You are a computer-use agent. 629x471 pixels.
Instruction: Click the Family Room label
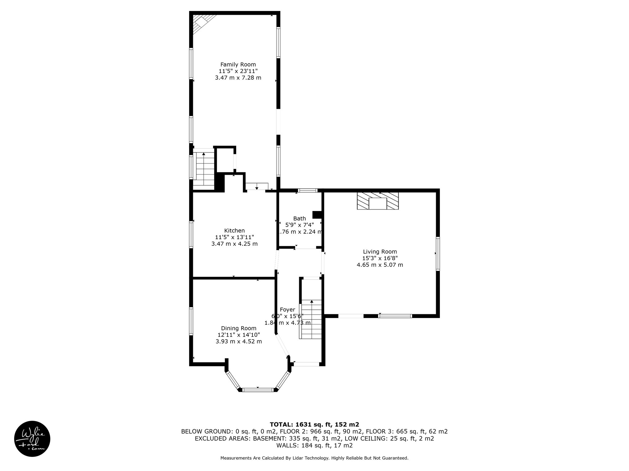click(x=238, y=64)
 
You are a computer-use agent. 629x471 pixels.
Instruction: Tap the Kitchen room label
click(x=234, y=231)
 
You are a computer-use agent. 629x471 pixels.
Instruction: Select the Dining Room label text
click(x=239, y=328)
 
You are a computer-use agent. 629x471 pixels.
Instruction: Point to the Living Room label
click(x=380, y=252)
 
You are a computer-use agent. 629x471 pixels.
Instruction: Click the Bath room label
click(x=299, y=218)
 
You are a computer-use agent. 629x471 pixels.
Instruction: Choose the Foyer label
click(x=287, y=310)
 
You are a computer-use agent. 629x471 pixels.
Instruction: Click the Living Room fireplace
click(x=378, y=201)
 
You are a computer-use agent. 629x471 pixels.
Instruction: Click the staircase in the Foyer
click(x=311, y=319)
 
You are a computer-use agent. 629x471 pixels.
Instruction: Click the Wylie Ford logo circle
click(x=32, y=438)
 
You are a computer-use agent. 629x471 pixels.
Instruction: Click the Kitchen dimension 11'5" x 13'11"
click(x=234, y=237)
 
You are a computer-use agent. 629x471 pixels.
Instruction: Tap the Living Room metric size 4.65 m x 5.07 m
click(x=380, y=265)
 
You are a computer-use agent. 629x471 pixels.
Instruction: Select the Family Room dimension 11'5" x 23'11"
click(x=238, y=71)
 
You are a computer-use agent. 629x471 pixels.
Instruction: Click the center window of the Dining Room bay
click(x=258, y=390)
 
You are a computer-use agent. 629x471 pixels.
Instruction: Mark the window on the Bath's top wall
click(x=308, y=190)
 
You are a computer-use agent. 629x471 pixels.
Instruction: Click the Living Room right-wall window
click(x=438, y=254)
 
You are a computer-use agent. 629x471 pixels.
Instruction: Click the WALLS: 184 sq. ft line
click(x=314, y=446)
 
